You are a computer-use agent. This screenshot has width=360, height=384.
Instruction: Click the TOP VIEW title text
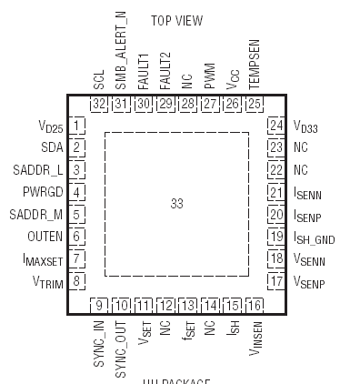click(x=176, y=20)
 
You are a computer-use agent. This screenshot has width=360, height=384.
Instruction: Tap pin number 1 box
click(x=78, y=125)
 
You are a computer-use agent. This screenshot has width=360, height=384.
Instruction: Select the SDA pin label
click(x=51, y=147)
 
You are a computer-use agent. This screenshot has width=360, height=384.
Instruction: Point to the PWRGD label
click(x=41, y=192)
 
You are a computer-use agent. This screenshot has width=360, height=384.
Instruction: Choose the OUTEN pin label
click(x=44, y=237)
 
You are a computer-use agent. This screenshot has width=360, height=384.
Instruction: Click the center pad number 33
click(x=176, y=204)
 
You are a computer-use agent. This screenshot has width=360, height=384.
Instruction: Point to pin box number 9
click(x=99, y=305)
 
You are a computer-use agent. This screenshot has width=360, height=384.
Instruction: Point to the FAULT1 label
click(x=143, y=69)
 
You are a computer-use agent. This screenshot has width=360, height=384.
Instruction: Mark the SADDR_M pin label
click(x=38, y=215)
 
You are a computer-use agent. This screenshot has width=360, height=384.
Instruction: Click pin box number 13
click(x=187, y=305)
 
